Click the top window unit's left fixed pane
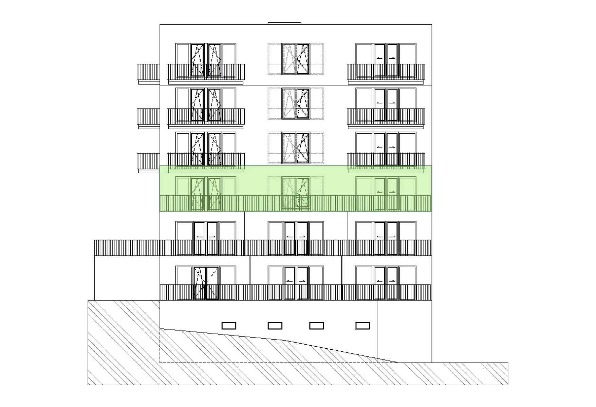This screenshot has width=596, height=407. click(275, 58)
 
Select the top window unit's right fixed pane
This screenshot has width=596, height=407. click(316, 58)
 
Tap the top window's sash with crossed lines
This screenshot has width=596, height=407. click(290, 58)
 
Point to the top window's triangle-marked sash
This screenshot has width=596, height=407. click(302, 58)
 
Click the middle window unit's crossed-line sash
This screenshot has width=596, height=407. click(290, 103)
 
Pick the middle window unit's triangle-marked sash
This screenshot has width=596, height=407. click(302, 103)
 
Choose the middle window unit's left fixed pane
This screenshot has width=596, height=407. click(275, 103)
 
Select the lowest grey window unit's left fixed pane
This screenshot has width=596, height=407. click(275, 148)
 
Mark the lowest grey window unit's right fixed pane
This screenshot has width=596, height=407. click(316, 148)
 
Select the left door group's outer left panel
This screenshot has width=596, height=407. click(183, 193)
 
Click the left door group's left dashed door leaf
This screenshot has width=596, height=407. click(197, 193)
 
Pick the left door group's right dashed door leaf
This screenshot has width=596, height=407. click(214, 193)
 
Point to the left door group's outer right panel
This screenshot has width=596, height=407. click(229, 193)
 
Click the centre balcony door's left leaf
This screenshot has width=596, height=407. click(289, 193)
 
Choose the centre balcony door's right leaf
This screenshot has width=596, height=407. click(303, 193)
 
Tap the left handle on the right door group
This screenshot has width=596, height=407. click(379, 192)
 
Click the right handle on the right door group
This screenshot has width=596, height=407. click(392, 192)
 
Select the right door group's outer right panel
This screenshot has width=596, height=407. click(407, 193)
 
